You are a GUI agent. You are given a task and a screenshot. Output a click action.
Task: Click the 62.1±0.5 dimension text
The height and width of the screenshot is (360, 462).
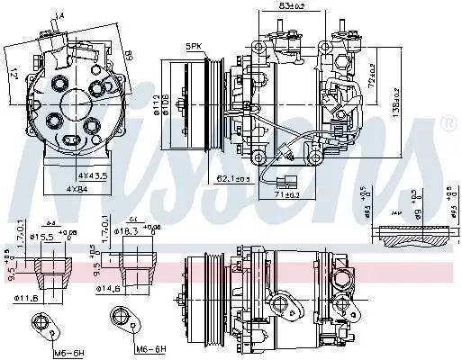coord(234,180)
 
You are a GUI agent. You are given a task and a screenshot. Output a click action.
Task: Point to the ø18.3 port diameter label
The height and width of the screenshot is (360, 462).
coord(128,231)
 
